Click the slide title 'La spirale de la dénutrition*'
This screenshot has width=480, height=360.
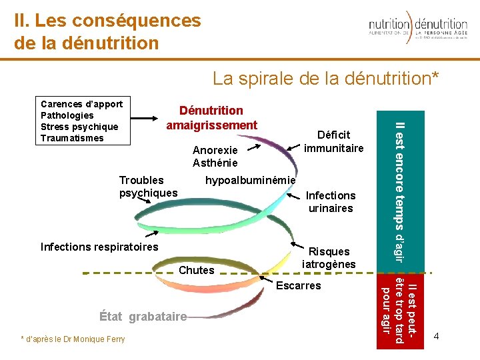click(326, 79)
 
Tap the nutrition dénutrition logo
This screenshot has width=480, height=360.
click(418, 29)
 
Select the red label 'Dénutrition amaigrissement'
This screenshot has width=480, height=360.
click(211, 118)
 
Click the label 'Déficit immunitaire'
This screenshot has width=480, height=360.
click(333, 141)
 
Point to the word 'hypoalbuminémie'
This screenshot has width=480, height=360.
click(250, 180)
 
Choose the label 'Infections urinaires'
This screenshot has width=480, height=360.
click(331, 202)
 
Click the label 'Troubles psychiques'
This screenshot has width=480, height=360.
click(148, 187)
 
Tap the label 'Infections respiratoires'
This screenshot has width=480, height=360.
click(99, 247)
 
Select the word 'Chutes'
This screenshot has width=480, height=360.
click(197, 270)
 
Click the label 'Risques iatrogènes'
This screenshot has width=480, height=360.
click(329, 258)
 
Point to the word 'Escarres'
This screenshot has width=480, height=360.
click(298, 285)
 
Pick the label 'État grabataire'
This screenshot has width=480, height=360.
click(142, 317)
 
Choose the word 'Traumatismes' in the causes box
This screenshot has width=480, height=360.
click(72, 138)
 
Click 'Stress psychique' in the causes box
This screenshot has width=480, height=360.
click(79, 127)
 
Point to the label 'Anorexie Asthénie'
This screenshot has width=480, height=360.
click(215, 157)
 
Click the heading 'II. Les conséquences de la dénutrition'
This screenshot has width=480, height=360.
click(107, 32)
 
